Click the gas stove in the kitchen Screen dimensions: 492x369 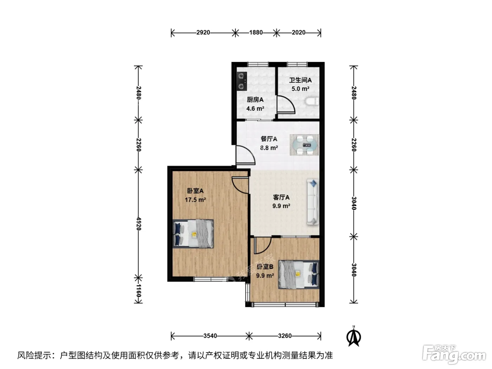coord(242,81)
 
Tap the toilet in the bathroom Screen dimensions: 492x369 coord(312,101)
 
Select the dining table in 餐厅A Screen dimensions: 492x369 coord(304,145)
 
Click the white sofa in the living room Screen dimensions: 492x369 coord(313,202)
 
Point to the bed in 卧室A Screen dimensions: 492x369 coord(193,234)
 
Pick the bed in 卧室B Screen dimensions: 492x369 coord(299,274)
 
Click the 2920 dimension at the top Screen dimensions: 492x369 coord(203,32)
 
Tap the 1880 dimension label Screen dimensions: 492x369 coord(256,32)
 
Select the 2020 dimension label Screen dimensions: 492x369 coord(298,32)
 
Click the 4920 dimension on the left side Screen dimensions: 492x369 coord(138,224)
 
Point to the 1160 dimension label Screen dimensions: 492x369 coord(138,291)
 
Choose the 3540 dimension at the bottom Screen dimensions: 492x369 coord(210,336)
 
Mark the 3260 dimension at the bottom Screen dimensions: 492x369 coord(285,336)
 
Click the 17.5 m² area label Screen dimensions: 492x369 coord(195,200)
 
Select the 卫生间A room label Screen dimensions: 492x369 coord(300,80)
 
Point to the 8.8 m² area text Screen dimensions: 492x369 coord(269,148)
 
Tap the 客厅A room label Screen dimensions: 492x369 coord(281,198)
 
